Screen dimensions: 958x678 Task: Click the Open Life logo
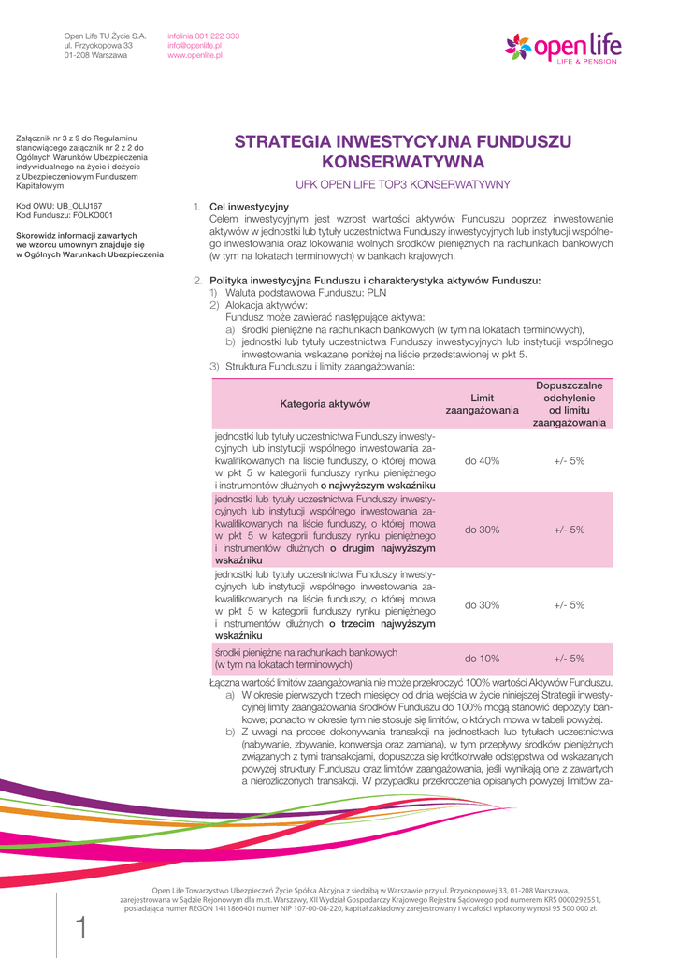(x=563, y=46)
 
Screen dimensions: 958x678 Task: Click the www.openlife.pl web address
(x=195, y=56)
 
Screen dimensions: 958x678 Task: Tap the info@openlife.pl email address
(x=195, y=46)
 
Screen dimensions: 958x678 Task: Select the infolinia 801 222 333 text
(x=203, y=36)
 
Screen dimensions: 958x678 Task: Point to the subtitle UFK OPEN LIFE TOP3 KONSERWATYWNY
(x=402, y=184)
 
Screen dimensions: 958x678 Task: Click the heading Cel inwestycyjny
(x=249, y=206)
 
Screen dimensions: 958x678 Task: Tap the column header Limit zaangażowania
(x=481, y=404)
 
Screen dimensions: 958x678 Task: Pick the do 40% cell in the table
(x=482, y=461)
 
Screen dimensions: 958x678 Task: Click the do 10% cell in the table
(x=482, y=659)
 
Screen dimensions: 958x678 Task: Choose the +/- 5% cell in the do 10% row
(x=569, y=659)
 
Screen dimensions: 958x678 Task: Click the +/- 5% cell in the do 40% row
(x=569, y=461)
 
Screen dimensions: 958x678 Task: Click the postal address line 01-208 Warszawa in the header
(x=95, y=56)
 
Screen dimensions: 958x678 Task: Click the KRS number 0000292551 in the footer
(x=576, y=899)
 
